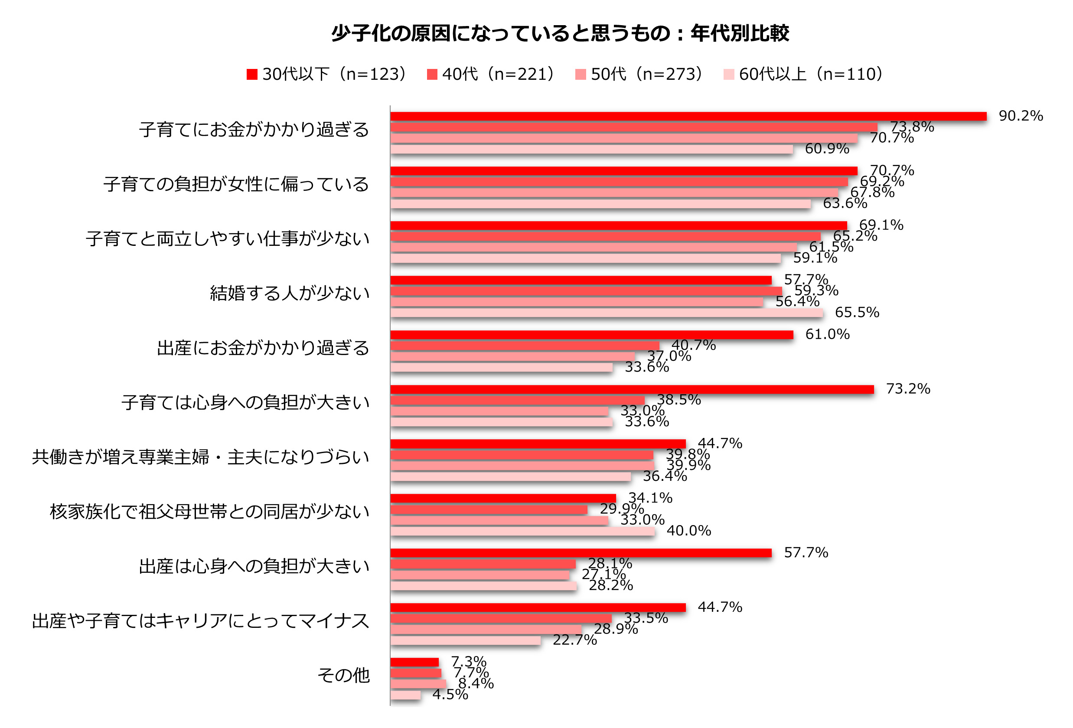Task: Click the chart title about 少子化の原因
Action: pyautogui.click(x=560, y=33)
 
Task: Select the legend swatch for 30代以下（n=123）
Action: pyautogui.click(x=251, y=74)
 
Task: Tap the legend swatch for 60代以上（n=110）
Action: pyautogui.click(x=729, y=74)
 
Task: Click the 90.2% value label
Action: pyautogui.click(x=1021, y=116)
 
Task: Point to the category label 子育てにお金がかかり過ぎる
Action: pyautogui.click(x=254, y=130)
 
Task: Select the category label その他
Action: pyautogui.click(x=343, y=676)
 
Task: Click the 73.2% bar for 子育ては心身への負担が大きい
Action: pyautogui.click(x=632, y=390)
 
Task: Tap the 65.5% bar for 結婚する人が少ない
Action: pyautogui.click(x=606, y=313)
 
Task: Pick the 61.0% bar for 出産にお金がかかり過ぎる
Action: pyautogui.click(x=591, y=335)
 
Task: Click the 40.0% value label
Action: pyautogui.click(x=688, y=531)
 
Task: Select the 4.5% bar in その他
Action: pyautogui.click(x=405, y=695)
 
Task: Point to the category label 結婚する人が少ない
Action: pyautogui.click(x=290, y=293)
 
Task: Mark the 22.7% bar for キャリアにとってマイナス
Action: pyautogui.click(x=465, y=640)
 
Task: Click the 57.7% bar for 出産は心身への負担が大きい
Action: pyautogui.click(x=581, y=553)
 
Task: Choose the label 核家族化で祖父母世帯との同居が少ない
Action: pyautogui.click(x=209, y=512)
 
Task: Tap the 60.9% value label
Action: pyautogui.click(x=826, y=149)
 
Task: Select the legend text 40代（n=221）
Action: pyautogui.click(x=499, y=74)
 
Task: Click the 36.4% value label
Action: pyautogui.click(x=665, y=476)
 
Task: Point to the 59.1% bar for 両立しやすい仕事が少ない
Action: pyautogui.click(x=585, y=258)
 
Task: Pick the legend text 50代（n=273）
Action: pyautogui.click(x=646, y=74)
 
